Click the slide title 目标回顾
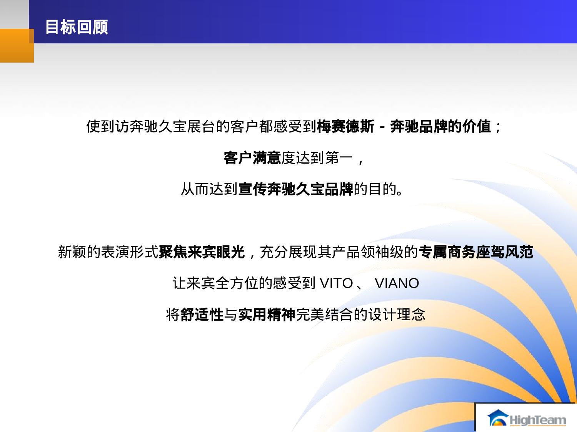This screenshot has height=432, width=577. (x=77, y=27)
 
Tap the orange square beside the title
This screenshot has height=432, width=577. (x=17, y=46)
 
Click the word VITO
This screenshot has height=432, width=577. (x=336, y=283)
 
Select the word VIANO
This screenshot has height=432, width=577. (x=397, y=283)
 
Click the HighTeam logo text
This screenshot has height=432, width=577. (x=537, y=420)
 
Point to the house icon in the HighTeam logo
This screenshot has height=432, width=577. (x=498, y=419)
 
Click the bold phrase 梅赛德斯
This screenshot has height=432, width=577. (x=345, y=126)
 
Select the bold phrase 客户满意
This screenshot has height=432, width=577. (x=252, y=158)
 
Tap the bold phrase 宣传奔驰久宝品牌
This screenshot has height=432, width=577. (x=295, y=189)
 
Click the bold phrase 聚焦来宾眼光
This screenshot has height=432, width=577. (x=202, y=252)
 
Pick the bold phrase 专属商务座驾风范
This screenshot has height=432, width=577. (x=476, y=252)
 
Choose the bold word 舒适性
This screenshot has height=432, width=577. (x=202, y=315)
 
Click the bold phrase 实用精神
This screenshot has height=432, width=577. (x=267, y=315)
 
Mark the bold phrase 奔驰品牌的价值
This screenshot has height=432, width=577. (x=440, y=126)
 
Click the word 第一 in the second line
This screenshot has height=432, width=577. (x=339, y=158)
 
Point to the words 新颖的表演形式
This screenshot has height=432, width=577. (x=108, y=252)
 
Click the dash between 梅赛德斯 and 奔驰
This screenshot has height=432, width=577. (x=382, y=127)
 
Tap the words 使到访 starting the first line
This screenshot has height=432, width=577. (x=108, y=126)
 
